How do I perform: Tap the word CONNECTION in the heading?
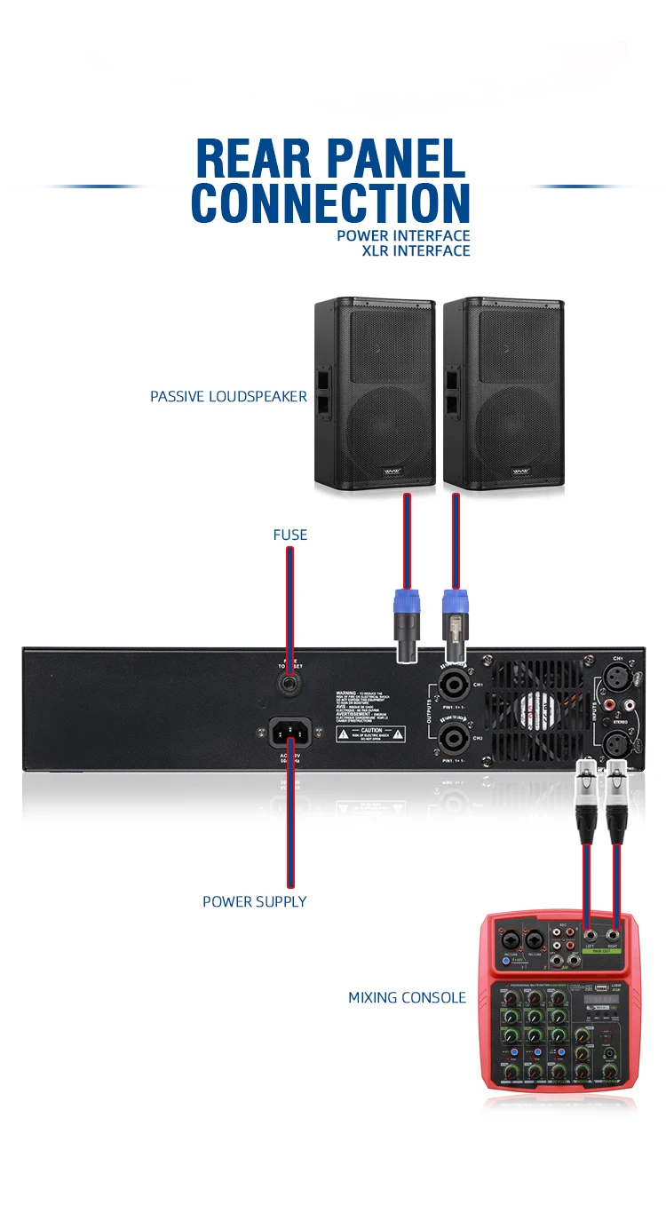(330, 202)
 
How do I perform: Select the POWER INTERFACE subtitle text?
(403, 236)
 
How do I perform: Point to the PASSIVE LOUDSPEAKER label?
(228, 397)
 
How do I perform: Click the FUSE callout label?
(289, 535)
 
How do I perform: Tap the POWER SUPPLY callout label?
(254, 901)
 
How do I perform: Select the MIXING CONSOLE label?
(407, 998)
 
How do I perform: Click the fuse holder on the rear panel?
(289, 685)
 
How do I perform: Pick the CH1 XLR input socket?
(615, 680)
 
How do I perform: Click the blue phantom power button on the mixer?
(505, 962)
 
